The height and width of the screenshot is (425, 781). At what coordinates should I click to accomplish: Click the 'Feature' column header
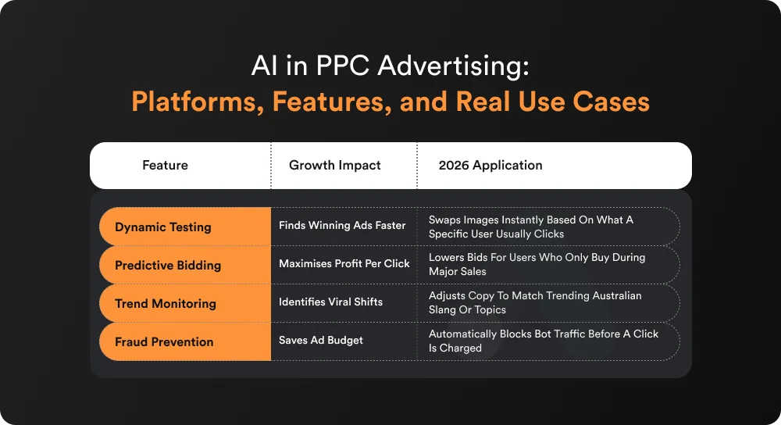165,166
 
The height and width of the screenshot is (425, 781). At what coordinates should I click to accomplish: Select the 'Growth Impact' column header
335,166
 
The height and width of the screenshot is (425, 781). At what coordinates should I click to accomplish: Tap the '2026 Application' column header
490,166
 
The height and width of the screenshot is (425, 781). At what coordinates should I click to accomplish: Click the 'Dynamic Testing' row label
163,227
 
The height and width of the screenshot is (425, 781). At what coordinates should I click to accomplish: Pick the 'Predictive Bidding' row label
168,266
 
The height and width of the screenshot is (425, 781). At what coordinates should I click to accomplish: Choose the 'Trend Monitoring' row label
166,304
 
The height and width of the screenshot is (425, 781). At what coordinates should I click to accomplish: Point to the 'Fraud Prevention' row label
164,342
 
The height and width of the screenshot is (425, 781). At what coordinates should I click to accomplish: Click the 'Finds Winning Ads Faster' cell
342,226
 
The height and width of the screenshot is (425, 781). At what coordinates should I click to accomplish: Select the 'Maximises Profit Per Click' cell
344,264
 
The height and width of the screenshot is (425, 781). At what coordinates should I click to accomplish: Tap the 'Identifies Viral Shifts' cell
331,302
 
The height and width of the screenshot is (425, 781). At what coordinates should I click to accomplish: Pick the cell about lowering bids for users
537,265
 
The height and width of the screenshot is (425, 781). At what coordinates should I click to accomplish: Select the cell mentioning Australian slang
535,303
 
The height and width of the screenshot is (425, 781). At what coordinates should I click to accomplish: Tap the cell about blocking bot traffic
544,341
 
